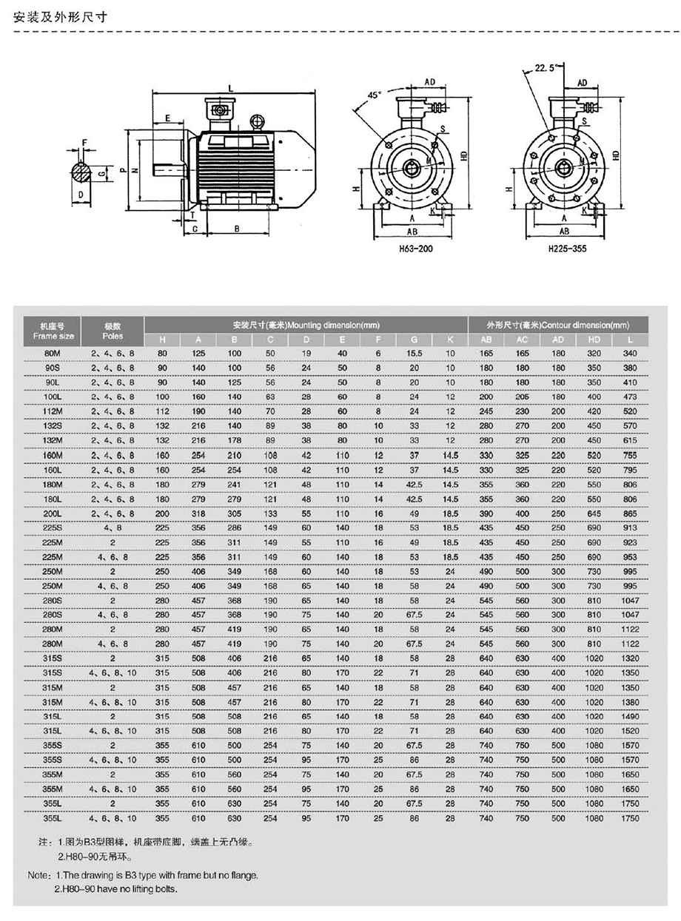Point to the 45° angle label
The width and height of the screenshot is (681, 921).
374,95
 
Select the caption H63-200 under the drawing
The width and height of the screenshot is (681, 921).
415,249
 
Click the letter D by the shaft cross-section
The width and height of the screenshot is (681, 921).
79,195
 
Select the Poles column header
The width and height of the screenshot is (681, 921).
113,329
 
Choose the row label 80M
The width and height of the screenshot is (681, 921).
53,353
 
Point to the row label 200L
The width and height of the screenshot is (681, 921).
53,513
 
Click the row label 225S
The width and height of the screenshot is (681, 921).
53,527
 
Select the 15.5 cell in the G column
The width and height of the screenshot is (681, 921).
414,353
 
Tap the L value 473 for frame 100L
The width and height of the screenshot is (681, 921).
630,397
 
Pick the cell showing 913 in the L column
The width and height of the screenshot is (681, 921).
630,527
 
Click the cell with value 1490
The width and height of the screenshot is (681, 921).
630,715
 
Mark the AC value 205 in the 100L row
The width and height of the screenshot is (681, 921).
523,397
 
